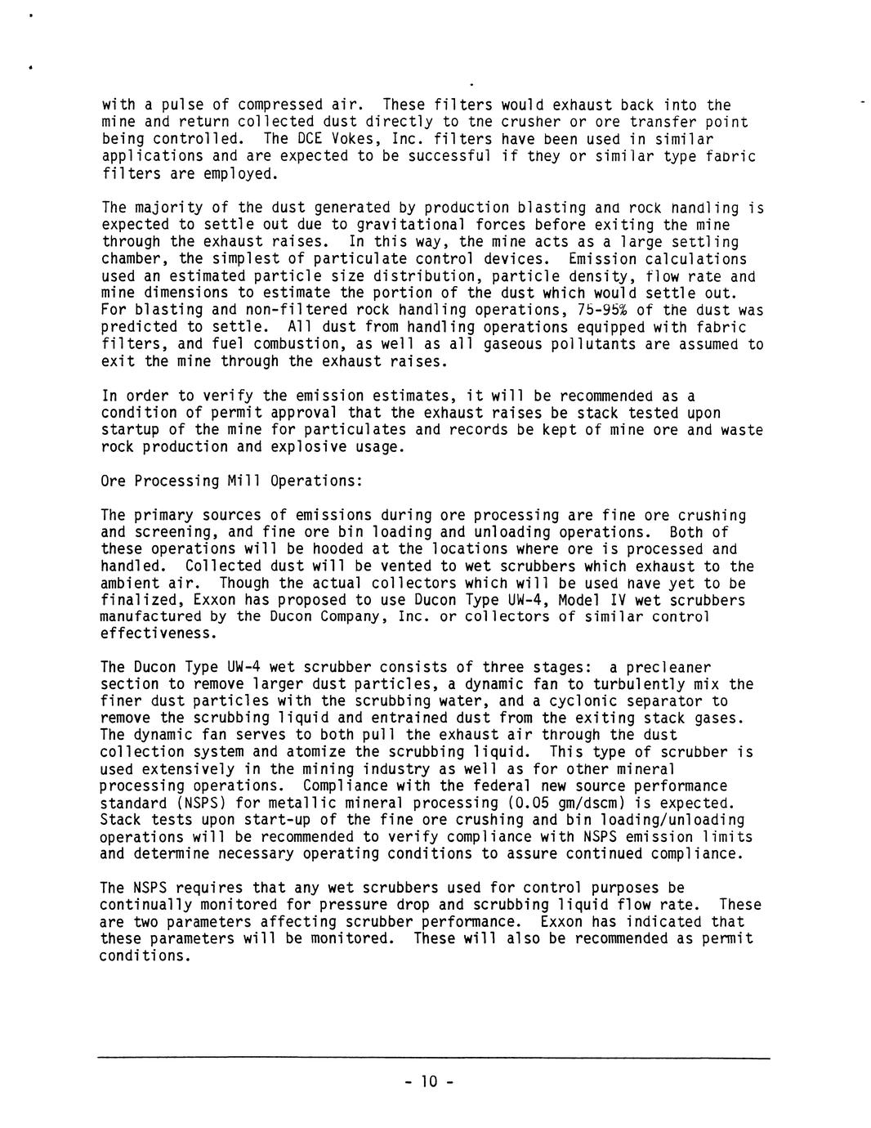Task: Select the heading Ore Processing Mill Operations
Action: pos(231,481)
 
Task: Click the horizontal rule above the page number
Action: pos(434,1059)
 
